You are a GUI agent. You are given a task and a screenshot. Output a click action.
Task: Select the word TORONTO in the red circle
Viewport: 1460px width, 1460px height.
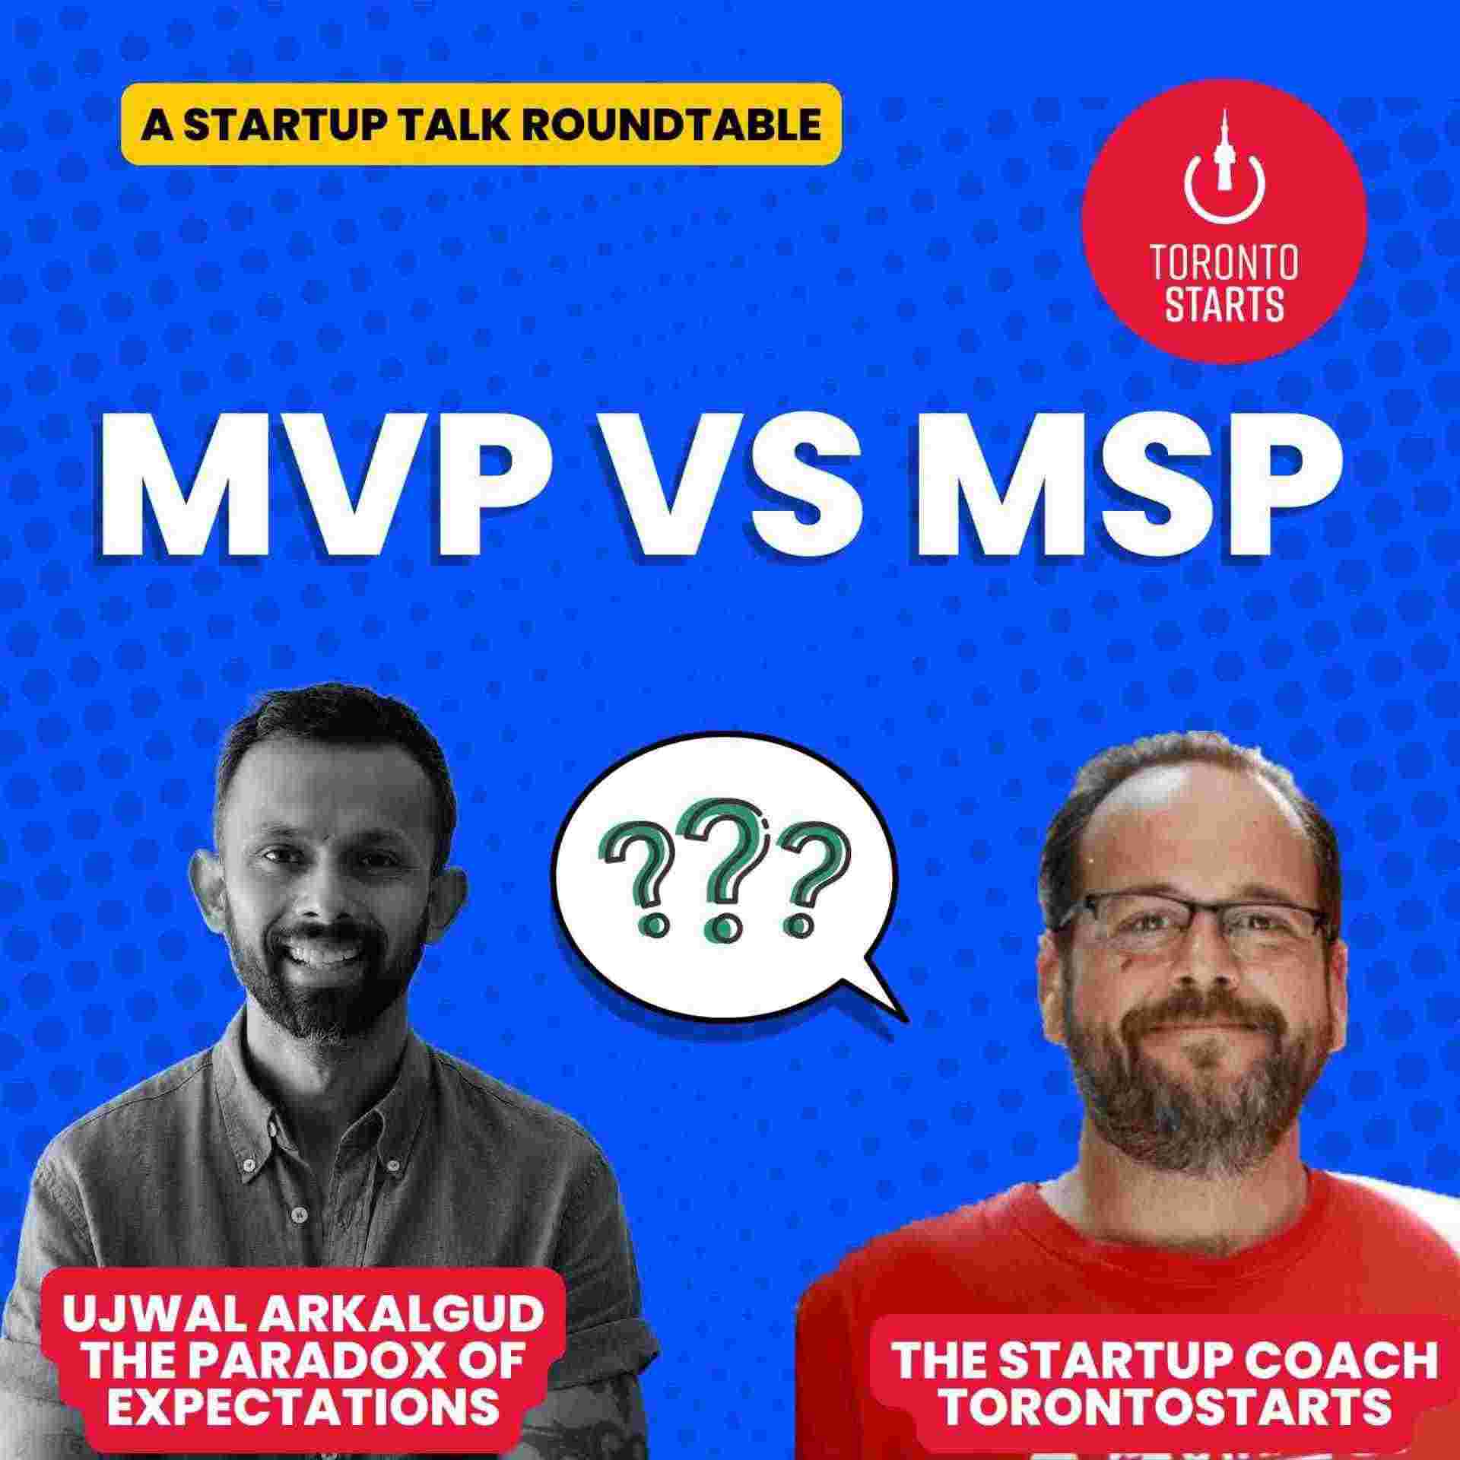[x=1224, y=262]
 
